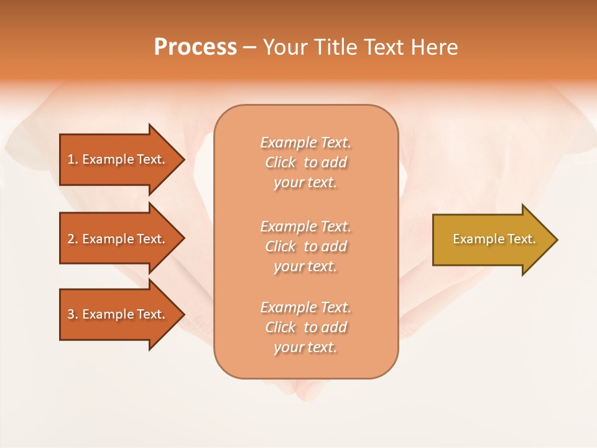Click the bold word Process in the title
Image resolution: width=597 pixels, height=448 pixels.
(x=195, y=47)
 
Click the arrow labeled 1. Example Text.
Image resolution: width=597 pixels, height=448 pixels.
(x=118, y=159)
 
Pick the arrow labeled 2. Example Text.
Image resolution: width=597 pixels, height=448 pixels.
(x=118, y=239)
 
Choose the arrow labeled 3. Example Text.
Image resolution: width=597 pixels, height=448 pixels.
(x=118, y=314)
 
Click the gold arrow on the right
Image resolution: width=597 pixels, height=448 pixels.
(x=491, y=240)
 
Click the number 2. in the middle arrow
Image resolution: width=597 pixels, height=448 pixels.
(x=73, y=239)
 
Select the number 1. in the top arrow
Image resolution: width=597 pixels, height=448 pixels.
(x=73, y=159)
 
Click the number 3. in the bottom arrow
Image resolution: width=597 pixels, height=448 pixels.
(x=73, y=314)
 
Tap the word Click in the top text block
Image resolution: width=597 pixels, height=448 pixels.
(x=280, y=162)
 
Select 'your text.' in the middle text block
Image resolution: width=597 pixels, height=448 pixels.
(x=305, y=266)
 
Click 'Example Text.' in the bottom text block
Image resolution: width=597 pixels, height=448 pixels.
(x=305, y=307)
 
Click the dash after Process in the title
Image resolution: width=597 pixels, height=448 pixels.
(x=249, y=47)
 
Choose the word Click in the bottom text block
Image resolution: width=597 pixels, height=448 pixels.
(x=280, y=327)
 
